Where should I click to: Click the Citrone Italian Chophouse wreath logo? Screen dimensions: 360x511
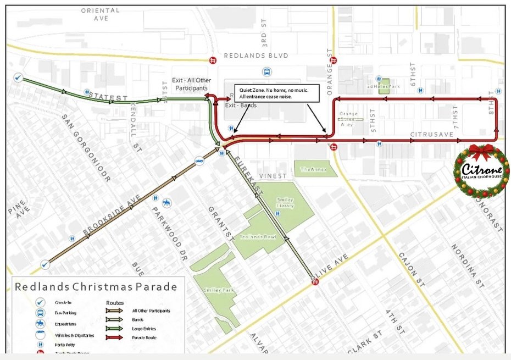coord(481,171)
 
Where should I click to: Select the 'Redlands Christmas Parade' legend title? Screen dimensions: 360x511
coord(96,286)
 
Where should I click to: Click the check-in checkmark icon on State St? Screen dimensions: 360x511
coord(18,78)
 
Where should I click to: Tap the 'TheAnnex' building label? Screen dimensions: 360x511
coord(313,170)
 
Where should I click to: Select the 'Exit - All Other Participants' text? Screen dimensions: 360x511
coord(190,84)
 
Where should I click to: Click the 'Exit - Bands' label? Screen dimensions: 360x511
coord(241,105)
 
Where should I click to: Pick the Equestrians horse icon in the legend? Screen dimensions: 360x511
coord(40,323)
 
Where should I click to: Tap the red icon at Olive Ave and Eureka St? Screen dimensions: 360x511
coord(315,281)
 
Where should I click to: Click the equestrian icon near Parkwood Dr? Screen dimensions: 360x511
coord(165,204)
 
